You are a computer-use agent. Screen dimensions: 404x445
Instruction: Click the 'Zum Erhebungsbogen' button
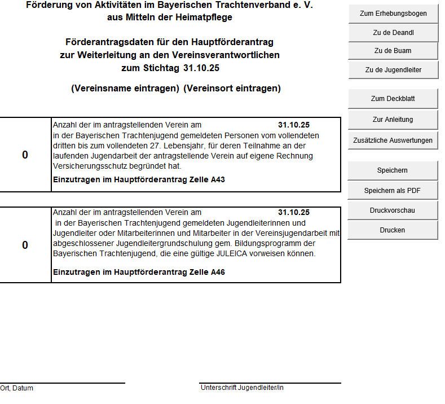click(393, 13)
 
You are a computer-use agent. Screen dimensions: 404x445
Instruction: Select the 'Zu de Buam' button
click(393, 51)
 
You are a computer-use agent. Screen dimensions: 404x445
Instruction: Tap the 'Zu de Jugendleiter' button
click(393, 70)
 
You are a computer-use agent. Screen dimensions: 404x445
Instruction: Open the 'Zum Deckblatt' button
click(393, 99)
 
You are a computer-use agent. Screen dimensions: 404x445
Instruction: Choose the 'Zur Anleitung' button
click(393, 120)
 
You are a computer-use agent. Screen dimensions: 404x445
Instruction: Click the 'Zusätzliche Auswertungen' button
click(393, 140)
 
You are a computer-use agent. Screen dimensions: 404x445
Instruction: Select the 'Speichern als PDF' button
click(393, 191)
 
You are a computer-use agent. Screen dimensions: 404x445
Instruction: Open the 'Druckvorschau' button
click(393, 210)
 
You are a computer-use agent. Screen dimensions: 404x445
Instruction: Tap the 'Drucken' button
click(393, 230)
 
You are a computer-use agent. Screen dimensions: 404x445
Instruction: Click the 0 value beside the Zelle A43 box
click(25, 155)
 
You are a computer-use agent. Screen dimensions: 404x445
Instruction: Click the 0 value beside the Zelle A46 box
click(25, 245)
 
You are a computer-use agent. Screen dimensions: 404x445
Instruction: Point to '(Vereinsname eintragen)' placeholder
click(125, 89)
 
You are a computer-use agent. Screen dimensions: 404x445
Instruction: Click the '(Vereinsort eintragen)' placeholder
click(232, 89)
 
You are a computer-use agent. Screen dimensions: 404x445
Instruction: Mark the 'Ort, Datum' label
click(17, 388)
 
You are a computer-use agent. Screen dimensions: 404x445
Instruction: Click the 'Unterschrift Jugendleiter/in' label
click(242, 388)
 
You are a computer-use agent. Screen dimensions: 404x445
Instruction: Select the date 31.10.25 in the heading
click(201, 68)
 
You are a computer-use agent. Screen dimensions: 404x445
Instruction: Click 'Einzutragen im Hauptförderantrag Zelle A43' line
click(139, 179)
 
